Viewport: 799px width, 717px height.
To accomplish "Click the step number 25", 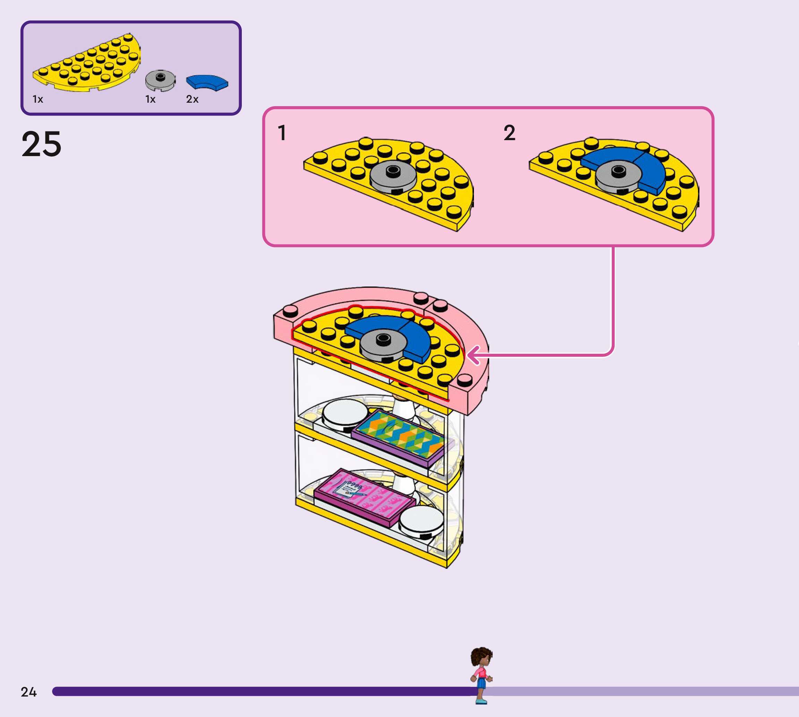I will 41,144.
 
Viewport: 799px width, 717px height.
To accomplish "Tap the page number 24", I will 28,692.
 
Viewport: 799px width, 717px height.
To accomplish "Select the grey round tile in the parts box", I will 160,80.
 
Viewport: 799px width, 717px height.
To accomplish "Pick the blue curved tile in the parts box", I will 207,82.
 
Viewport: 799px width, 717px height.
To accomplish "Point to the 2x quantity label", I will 192,99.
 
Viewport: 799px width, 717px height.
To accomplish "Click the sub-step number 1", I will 282,133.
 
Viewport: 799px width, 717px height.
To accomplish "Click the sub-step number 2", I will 509,133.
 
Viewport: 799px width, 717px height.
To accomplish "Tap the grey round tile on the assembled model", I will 382,344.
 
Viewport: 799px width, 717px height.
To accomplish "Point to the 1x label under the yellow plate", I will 37,99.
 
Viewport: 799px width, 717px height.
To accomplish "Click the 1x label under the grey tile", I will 150,99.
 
